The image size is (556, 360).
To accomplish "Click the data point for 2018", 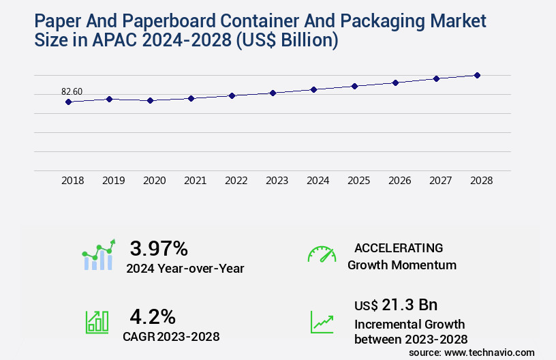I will [x=68, y=102].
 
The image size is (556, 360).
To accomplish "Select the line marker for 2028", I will [x=477, y=75].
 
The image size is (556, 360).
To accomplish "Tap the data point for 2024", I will [x=313, y=89].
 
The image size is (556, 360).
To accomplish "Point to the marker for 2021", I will [x=191, y=98].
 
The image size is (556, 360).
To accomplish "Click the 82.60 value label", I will [x=72, y=91].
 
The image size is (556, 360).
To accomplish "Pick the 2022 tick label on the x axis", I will [x=236, y=181].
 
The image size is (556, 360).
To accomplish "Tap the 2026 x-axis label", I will [x=399, y=181].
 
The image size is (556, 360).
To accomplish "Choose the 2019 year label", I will [x=113, y=181].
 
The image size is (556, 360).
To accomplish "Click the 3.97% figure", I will [x=159, y=248].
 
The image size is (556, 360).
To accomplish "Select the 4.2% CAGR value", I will [x=153, y=316].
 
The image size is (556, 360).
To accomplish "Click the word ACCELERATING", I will [x=399, y=247].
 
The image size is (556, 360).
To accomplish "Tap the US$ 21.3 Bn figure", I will [x=396, y=305].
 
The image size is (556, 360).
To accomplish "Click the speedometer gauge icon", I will [x=322, y=254].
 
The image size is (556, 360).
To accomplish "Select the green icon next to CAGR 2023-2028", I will [x=97, y=321].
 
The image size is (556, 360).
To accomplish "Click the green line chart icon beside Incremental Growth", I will [x=322, y=321].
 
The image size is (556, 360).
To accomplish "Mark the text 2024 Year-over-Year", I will [x=185, y=268].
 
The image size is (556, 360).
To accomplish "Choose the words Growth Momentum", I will [x=401, y=265].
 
